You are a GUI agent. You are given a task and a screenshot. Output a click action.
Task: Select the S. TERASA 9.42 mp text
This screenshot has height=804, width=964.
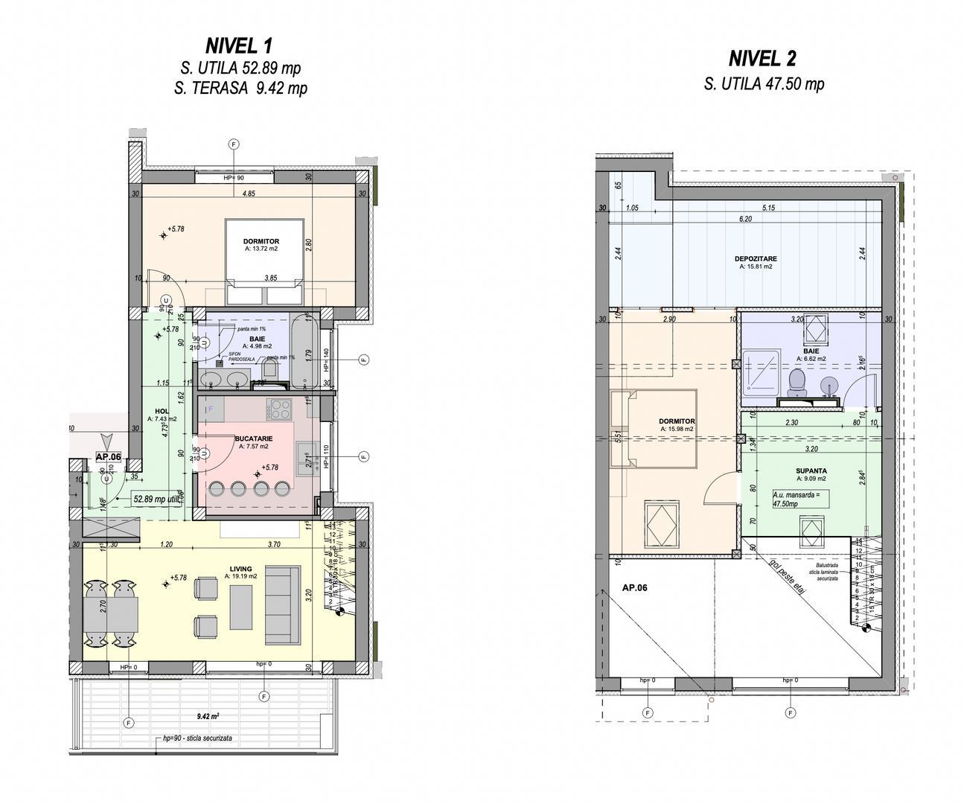(x=240, y=89)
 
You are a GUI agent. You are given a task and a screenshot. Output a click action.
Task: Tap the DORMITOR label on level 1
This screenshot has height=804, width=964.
(x=261, y=242)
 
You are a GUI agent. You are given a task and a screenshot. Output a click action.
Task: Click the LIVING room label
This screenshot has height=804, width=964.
(x=240, y=569)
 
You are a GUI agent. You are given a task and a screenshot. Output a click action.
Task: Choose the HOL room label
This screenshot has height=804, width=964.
(x=161, y=411)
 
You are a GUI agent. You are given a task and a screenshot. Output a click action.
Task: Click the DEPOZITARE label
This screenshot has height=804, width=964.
(x=755, y=259)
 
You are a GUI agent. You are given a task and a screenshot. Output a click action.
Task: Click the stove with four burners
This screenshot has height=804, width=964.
(x=280, y=409)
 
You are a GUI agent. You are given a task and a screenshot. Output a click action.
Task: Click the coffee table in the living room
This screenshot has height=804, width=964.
(x=241, y=606)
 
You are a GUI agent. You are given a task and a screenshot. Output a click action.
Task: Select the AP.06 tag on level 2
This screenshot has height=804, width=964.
(x=634, y=587)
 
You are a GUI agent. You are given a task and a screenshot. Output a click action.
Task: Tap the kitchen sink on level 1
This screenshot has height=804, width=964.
(x=305, y=454)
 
